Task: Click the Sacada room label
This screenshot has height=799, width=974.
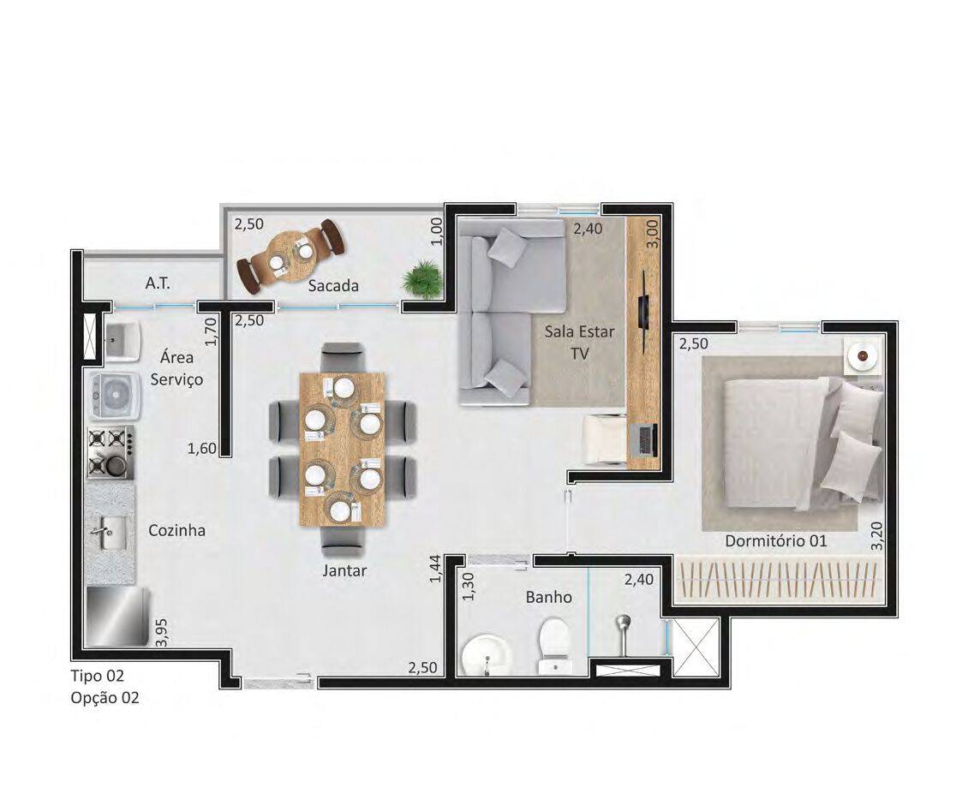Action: pyautogui.click(x=333, y=285)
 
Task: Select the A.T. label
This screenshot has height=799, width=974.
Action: pyautogui.click(x=158, y=283)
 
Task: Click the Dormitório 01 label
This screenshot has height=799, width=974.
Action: pyautogui.click(x=776, y=540)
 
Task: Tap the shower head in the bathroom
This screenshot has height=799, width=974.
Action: pyautogui.click(x=624, y=633)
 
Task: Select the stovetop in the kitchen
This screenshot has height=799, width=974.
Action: pyautogui.click(x=111, y=452)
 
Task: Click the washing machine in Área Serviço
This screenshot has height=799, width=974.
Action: pyautogui.click(x=114, y=394)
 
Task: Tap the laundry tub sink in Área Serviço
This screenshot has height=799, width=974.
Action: pyautogui.click(x=122, y=343)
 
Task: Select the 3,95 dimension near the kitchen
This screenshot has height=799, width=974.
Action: pyautogui.click(x=162, y=633)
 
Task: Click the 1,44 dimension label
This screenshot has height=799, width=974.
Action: pyautogui.click(x=435, y=568)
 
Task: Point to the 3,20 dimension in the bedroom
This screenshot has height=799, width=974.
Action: pyautogui.click(x=876, y=536)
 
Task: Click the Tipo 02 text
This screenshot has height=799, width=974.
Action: pyautogui.click(x=98, y=676)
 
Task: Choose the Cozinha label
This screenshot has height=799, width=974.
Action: pyautogui.click(x=177, y=531)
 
